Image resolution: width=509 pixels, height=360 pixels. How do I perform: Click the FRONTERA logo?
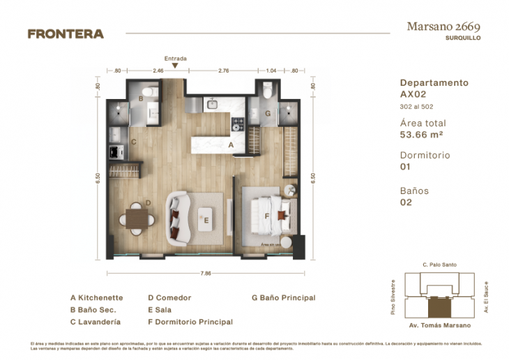(66, 33)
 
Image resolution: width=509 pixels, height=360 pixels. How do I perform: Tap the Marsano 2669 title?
(443, 27)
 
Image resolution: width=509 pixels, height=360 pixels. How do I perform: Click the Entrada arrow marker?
(175, 66)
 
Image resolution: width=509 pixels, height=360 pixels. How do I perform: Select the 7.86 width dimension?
(206, 273)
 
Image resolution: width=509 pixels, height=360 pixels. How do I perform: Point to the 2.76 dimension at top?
(224, 70)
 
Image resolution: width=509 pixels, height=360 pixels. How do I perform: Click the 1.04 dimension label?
(272, 70)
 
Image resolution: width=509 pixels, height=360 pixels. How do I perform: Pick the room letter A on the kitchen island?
(231, 145)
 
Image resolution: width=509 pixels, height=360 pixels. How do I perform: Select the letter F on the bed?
(266, 216)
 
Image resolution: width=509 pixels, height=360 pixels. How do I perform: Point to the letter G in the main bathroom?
(268, 113)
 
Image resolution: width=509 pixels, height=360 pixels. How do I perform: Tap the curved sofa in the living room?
(177, 218)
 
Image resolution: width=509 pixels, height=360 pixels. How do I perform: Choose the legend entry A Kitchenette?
(96, 298)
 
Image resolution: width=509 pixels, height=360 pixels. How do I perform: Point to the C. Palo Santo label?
(439, 265)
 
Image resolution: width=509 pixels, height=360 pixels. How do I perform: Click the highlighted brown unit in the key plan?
(439, 306)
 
